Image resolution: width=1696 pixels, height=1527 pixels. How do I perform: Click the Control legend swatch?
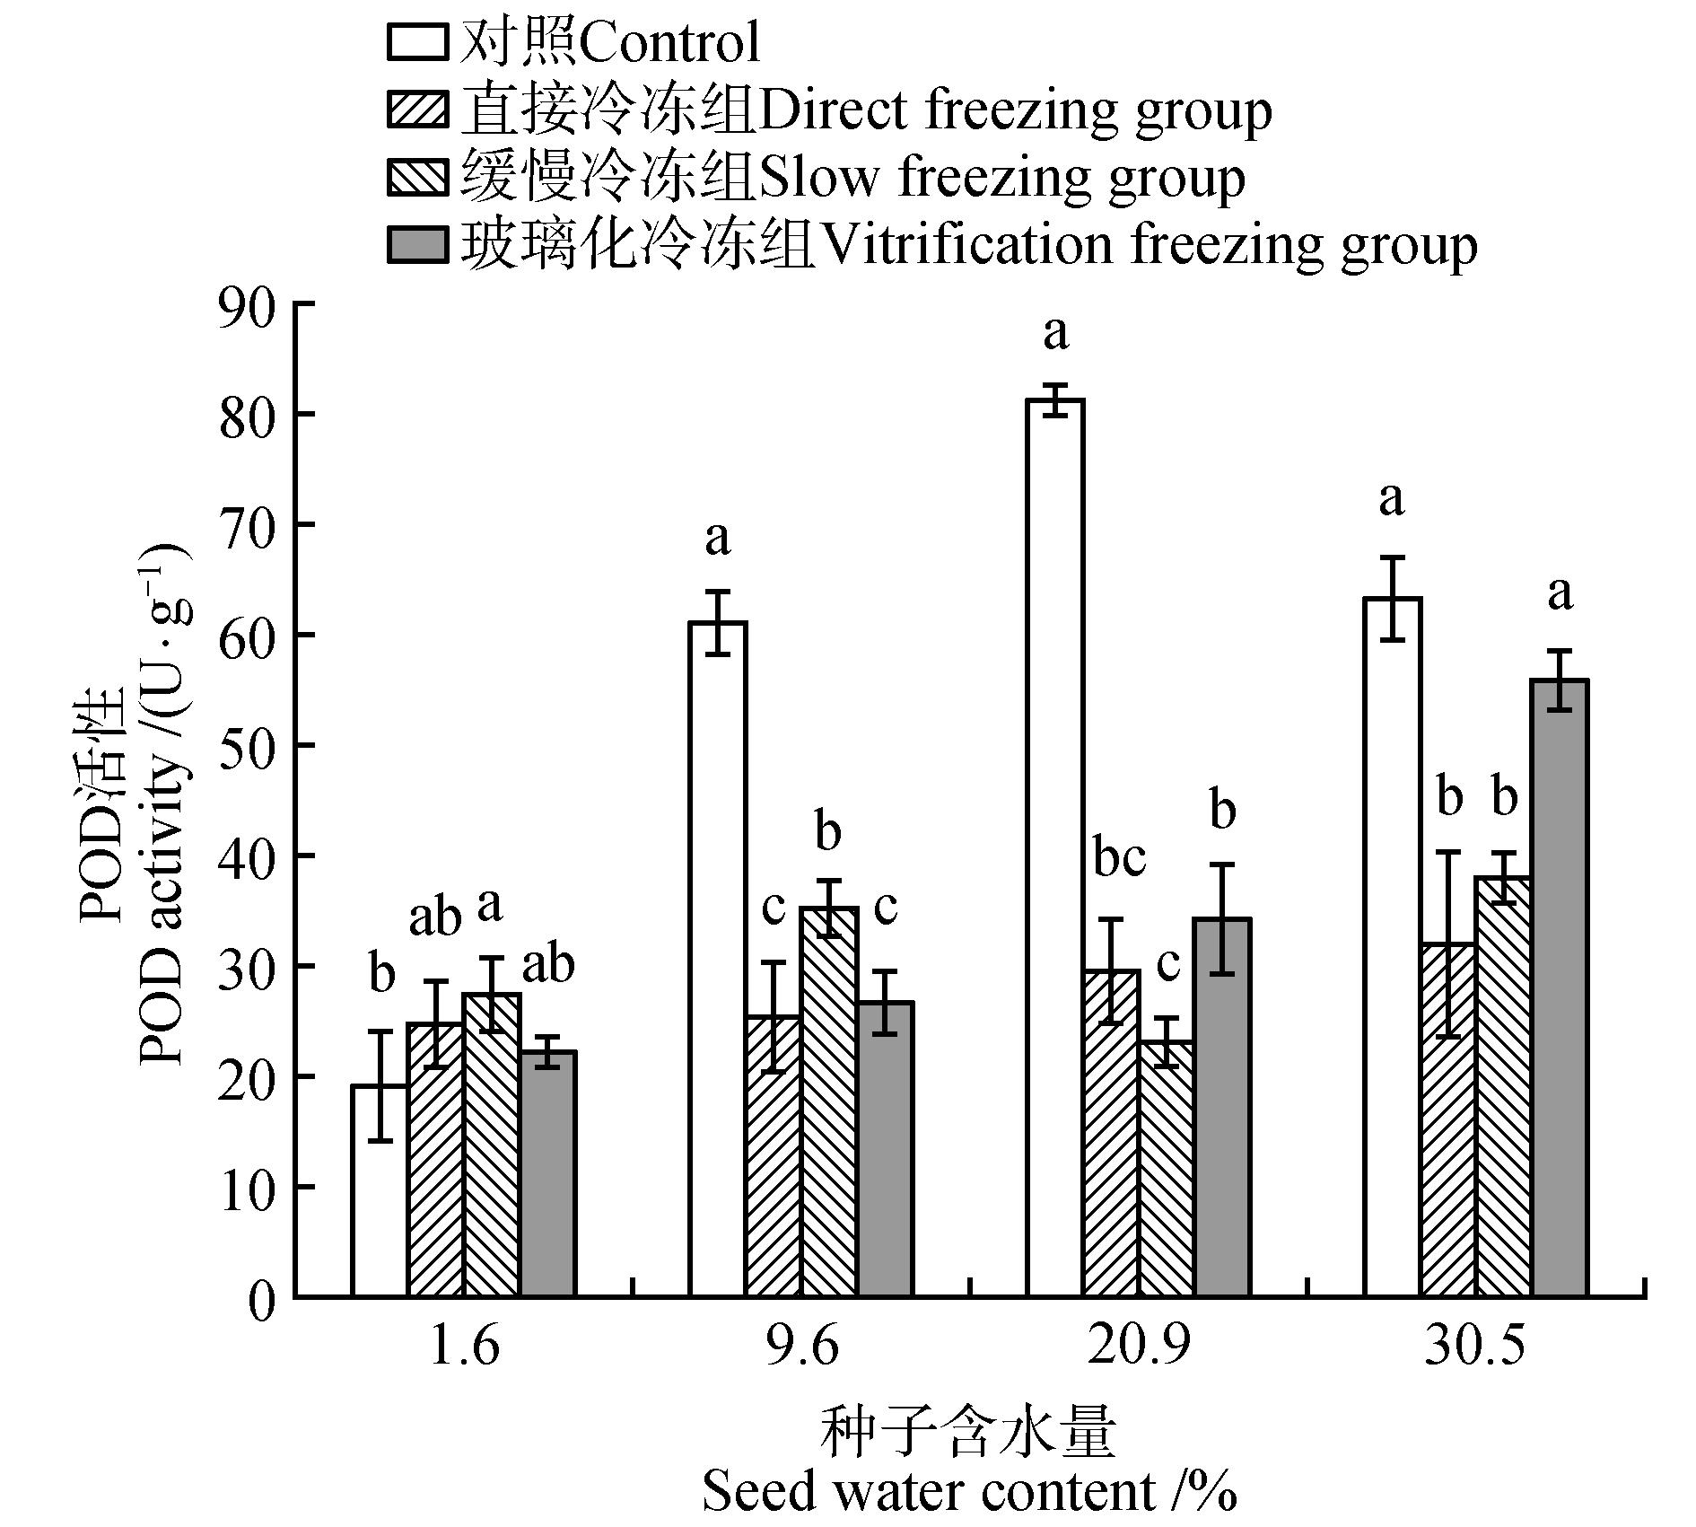coord(417,43)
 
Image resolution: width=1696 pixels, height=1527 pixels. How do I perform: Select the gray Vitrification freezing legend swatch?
coord(417,245)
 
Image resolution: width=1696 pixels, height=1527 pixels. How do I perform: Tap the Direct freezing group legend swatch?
coord(417,110)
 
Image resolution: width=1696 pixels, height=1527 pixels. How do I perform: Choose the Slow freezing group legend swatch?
coord(417,178)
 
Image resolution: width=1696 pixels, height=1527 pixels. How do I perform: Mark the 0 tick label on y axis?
coord(260,1299)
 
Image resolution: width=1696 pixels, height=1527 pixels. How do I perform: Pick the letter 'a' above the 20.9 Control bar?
coord(1055,333)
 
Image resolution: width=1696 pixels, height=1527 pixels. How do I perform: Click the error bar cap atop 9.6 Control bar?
coord(718,592)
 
